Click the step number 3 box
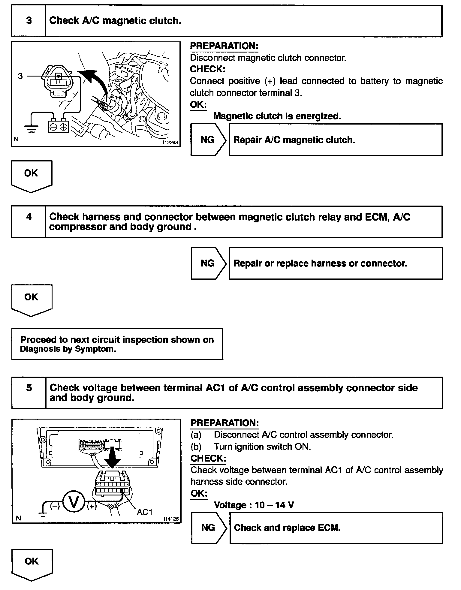pyautogui.click(x=29, y=21)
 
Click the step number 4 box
pyautogui.click(x=29, y=221)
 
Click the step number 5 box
pyautogui.click(x=29, y=393)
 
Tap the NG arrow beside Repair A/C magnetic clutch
pyautogui.click(x=208, y=140)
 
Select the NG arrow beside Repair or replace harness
pyautogui.click(x=208, y=263)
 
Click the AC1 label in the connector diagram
pyautogui.click(x=145, y=512)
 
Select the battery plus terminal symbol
pyautogui.click(x=64, y=127)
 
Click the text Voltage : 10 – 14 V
pyautogui.click(x=254, y=505)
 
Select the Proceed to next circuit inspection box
pyautogui.click(x=117, y=344)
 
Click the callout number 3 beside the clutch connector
pyautogui.click(x=20, y=76)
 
